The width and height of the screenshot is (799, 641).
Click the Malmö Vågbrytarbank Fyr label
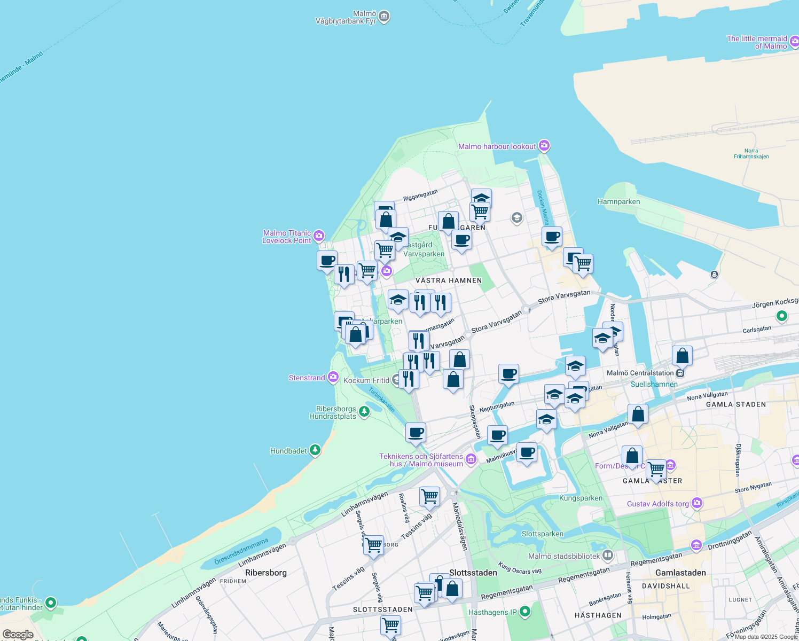point(347,18)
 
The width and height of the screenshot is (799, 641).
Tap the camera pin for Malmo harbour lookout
point(544,145)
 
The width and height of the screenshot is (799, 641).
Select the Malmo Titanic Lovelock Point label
point(287,237)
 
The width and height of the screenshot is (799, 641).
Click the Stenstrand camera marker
point(333,377)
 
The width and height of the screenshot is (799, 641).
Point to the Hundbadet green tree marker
point(315,450)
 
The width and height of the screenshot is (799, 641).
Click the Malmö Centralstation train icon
point(680,373)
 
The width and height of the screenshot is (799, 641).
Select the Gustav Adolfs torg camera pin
point(696,503)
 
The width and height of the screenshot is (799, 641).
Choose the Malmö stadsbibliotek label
point(564,556)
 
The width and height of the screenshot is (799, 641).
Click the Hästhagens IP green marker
point(525,611)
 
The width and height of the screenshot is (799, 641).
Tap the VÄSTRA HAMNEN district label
point(449,280)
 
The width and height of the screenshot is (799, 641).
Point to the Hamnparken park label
point(618,201)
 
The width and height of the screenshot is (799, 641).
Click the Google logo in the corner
point(18,635)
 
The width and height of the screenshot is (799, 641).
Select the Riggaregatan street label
point(420,195)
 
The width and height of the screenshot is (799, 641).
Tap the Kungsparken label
point(581,498)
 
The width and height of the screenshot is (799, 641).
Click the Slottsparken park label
point(542,534)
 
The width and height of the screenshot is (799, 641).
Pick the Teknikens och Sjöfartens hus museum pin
point(471,459)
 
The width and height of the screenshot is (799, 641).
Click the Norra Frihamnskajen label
point(751,153)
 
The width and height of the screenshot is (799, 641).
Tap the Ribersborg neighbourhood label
point(266,573)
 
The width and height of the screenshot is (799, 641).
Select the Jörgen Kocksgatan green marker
point(782,316)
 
